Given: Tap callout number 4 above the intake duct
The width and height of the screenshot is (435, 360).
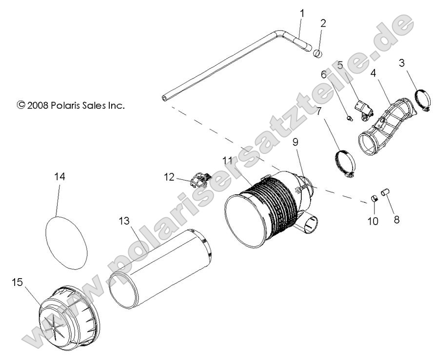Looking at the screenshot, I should pyautogui.click(x=373, y=74).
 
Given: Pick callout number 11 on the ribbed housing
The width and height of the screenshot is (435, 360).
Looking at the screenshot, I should pyautogui.click(x=227, y=160).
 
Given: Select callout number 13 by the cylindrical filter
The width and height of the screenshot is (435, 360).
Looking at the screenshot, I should pyautogui.click(x=124, y=221).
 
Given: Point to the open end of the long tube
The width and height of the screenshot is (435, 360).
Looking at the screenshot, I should pyautogui.click(x=164, y=98).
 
